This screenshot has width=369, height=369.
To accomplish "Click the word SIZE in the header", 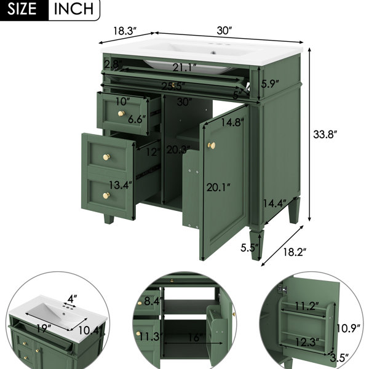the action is coord(22,9).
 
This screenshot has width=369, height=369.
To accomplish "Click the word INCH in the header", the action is coord(74,9).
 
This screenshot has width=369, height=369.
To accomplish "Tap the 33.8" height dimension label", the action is coord(325,134).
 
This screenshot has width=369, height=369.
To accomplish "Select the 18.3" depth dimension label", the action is coord(125,31).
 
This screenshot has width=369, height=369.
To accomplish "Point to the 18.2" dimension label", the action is coord(295,252).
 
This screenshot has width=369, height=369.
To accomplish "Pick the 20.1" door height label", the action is coord(218,188).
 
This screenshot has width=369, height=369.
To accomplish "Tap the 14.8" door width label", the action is coord(232,122).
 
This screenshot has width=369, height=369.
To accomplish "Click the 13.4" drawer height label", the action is coord(121,185).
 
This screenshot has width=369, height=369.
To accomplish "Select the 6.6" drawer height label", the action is coord(137,119).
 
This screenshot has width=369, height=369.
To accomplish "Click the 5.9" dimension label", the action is coord(270,84).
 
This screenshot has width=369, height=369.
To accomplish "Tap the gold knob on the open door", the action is coord(212,146).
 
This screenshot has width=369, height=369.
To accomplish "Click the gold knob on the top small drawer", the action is coord(121,114).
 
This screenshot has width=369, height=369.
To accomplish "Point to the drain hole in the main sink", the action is coord(213,52).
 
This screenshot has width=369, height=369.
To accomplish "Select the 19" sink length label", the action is coord(44,328).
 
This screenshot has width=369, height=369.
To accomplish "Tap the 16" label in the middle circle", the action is coord(195,338).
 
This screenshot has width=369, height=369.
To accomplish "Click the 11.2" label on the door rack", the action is coord(307,306).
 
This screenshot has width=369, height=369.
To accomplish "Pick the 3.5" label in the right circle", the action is coord(339,358).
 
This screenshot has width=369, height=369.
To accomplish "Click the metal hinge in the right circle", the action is coord(282,289).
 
